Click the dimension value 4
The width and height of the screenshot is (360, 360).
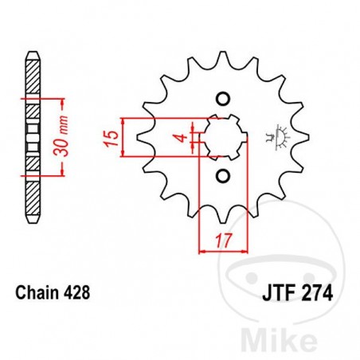[x=182, y=139]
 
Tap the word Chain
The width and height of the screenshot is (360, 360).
[x=37, y=293]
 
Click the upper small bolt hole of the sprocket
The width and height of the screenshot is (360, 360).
[x=224, y=98]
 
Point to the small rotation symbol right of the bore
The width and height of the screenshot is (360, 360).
[x=279, y=136]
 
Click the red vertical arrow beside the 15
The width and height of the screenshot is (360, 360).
[x=123, y=137]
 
